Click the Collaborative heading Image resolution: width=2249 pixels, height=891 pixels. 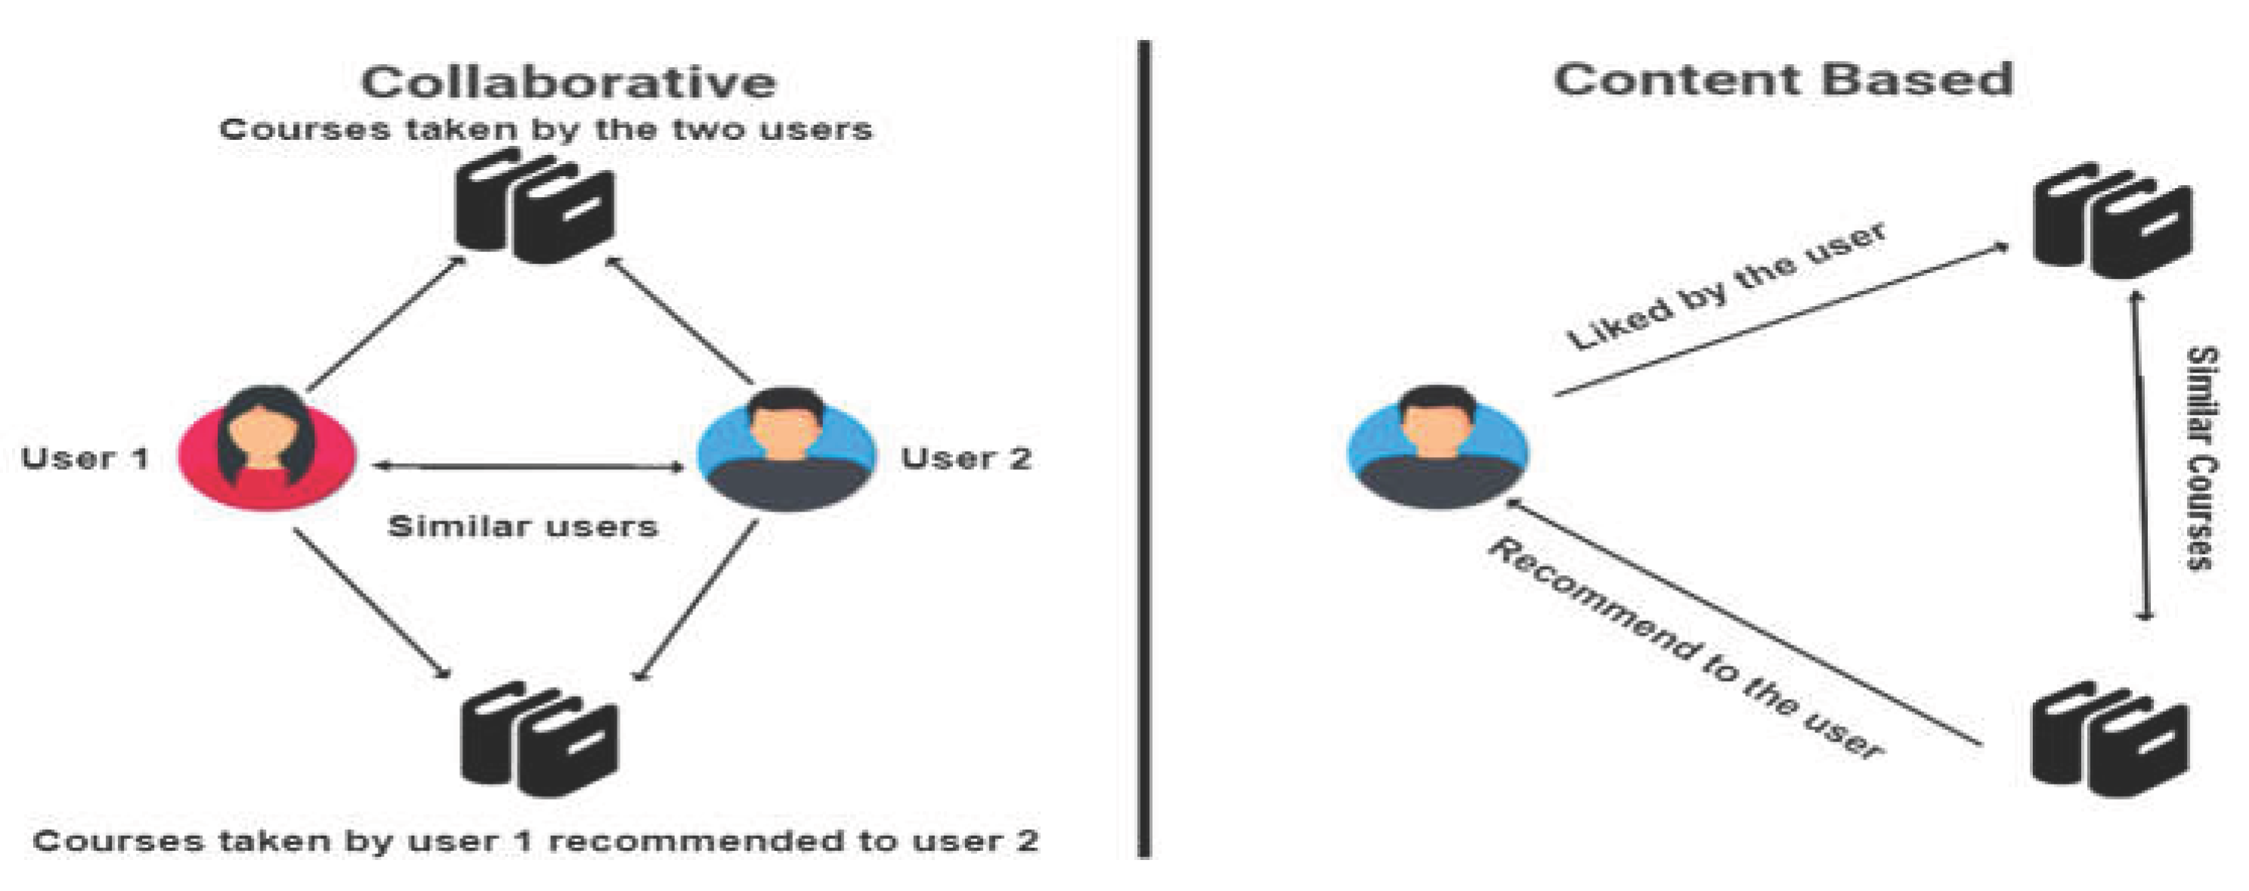568,82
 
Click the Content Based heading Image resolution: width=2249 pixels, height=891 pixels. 1783,79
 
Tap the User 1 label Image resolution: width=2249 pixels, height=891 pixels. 85,458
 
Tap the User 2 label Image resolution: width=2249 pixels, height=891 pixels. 967,458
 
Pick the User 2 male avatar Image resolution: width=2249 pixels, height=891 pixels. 787,449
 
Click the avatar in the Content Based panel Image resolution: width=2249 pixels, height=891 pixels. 1437,447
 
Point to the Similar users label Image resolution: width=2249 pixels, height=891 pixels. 523,526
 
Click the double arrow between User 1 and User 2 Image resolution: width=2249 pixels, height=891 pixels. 528,466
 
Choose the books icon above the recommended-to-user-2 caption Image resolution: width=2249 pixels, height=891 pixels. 539,738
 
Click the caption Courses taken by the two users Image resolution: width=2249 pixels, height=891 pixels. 546,130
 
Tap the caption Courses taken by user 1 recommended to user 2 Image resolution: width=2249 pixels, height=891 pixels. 536,841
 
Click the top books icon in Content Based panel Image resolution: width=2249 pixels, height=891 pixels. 2112,220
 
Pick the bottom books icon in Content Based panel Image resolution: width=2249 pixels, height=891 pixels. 2110,738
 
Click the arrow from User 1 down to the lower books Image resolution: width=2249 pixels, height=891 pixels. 373,604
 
